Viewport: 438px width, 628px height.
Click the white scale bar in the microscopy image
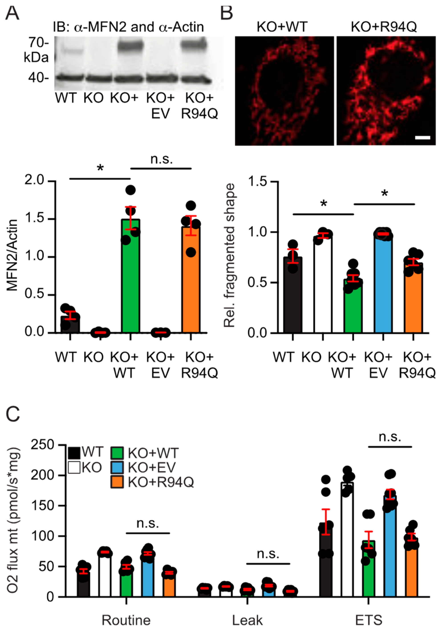(x=422, y=138)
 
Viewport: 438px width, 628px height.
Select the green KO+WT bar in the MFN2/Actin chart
(x=130, y=276)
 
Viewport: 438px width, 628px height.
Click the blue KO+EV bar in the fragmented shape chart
(x=383, y=284)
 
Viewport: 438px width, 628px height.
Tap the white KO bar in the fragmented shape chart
(x=323, y=284)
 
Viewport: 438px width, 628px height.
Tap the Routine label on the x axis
(x=126, y=620)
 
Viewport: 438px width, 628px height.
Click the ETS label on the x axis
(x=368, y=620)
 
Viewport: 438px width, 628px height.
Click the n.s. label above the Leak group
(x=268, y=554)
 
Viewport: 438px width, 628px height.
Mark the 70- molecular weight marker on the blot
(x=38, y=43)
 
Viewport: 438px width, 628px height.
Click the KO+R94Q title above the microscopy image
(x=384, y=27)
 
